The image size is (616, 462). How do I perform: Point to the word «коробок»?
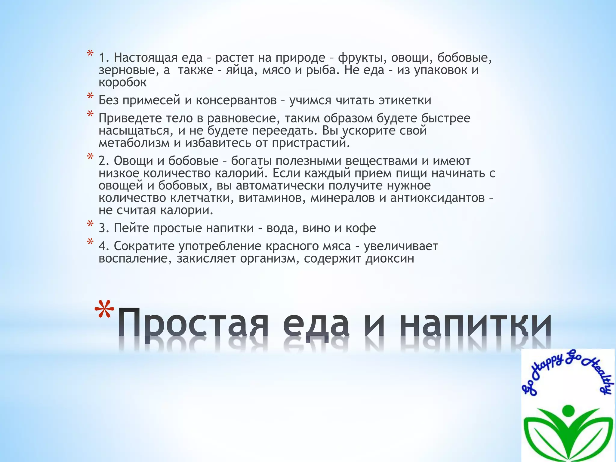[x=122, y=82]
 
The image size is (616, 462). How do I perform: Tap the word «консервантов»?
[x=236, y=100]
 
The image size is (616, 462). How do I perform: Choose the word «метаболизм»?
[x=134, y=143]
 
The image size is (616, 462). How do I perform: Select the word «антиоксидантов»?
[x=437, y=198]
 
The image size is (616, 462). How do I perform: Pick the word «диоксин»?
[x=390, y=259]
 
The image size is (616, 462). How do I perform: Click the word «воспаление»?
[x=135, y=259]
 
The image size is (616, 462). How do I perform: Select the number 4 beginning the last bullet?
[x=102, y=246]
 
